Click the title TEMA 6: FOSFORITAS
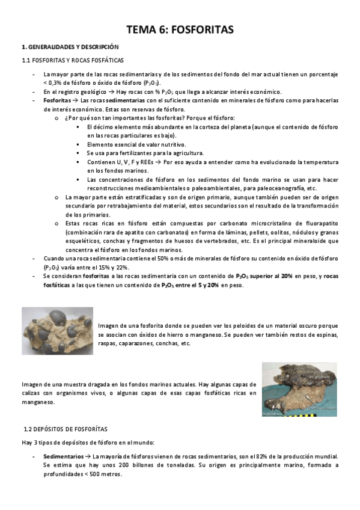click(180, 29)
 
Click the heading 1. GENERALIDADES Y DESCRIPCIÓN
click(70, 46)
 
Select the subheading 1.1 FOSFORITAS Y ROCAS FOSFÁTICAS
click(72, 60)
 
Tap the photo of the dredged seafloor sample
click(299, 389)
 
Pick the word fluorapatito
click(316, 223)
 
